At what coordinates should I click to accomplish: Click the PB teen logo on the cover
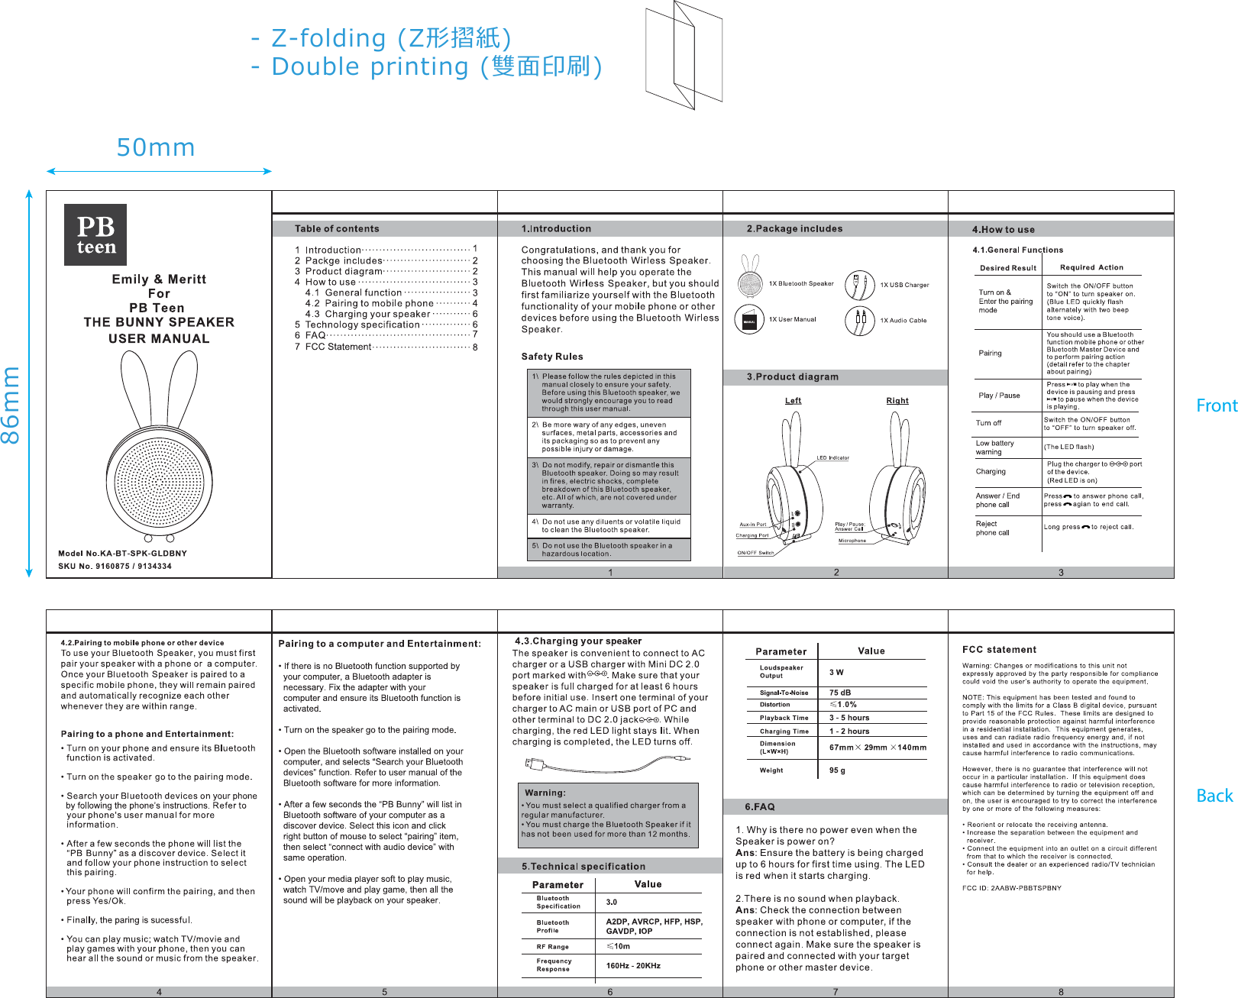95,234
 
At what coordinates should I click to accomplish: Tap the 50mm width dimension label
156,147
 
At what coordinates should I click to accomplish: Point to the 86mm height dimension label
11,405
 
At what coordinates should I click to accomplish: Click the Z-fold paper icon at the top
684,55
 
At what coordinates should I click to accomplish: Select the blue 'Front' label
1216,405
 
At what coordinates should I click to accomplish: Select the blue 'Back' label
1214,796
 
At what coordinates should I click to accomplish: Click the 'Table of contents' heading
337,228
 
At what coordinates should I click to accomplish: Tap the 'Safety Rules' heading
552,357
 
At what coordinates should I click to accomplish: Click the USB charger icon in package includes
859,285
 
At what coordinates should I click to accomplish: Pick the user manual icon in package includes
749,320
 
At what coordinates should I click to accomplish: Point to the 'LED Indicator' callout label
832,458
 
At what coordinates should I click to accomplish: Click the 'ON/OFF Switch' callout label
755,553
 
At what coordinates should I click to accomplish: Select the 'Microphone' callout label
852,541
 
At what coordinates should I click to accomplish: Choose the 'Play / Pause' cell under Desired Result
999,396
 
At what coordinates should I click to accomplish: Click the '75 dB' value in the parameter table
840,693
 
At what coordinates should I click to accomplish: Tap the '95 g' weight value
837,770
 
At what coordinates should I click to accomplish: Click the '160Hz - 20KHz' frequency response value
633,966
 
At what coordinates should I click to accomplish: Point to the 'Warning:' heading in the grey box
545,793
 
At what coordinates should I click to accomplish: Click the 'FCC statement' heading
999,650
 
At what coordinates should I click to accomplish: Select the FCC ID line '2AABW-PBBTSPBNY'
1012,888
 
